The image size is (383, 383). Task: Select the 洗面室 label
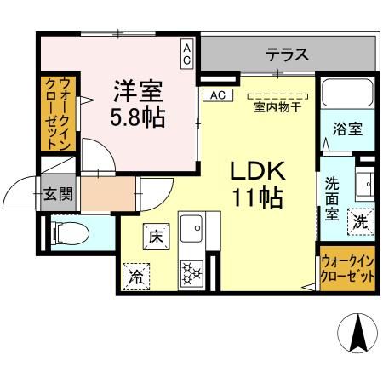(332, 198)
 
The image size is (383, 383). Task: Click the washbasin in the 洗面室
(363, 182)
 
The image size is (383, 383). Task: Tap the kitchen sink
(196, 229)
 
